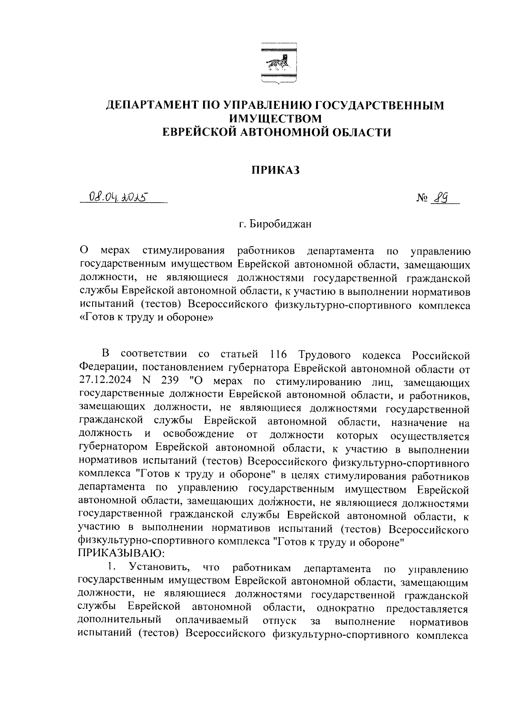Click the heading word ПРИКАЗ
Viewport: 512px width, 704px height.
275,170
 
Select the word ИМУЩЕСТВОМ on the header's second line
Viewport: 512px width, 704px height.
275,118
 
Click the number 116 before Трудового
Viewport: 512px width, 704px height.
278,355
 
